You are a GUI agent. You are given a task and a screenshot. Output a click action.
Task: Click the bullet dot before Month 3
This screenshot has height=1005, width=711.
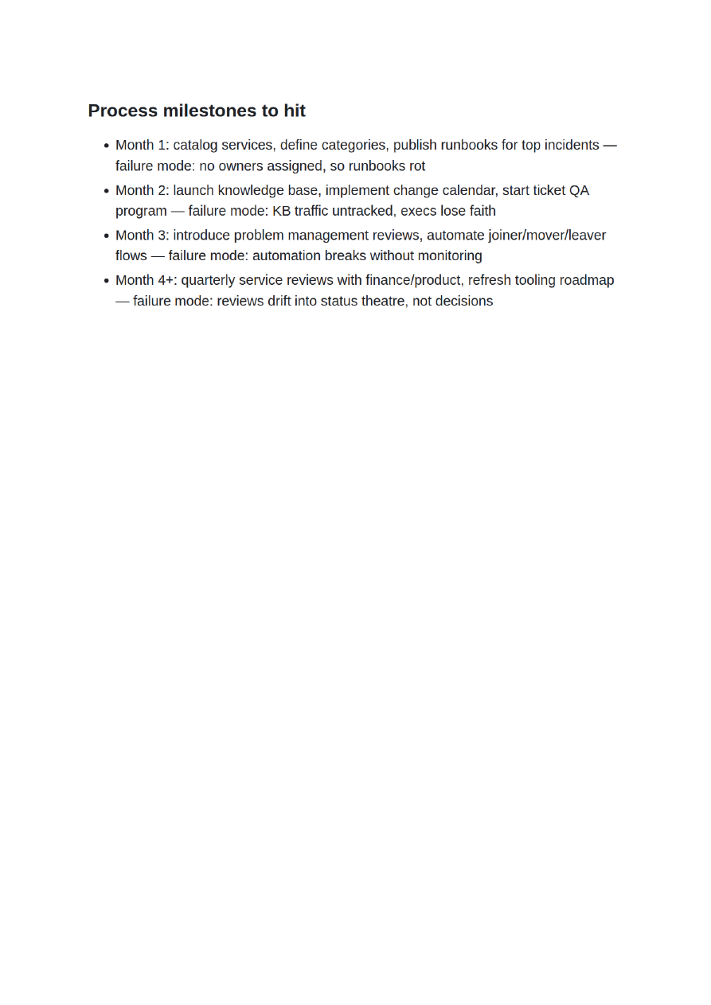(x=107, y=236)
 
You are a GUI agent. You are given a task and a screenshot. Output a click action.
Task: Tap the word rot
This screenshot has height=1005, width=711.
(x=416, y=166)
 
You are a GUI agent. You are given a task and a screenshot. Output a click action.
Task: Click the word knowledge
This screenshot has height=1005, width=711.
(x=251, y=190)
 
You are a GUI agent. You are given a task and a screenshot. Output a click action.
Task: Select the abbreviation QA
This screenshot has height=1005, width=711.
(x=579, y=190)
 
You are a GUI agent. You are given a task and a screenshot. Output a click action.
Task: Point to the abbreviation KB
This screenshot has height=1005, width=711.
(x=282, y=211)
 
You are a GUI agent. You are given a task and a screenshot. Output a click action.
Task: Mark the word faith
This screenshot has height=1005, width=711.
(x=477, y=211)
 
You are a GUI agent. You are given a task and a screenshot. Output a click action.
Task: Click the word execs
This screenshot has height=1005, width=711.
(x=418, y=211)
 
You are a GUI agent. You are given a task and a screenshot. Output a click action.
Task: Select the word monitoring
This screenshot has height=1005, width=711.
(x=448, y=256)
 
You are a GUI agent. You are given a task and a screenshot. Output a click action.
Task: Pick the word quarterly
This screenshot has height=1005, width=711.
(x=209, y=280)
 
